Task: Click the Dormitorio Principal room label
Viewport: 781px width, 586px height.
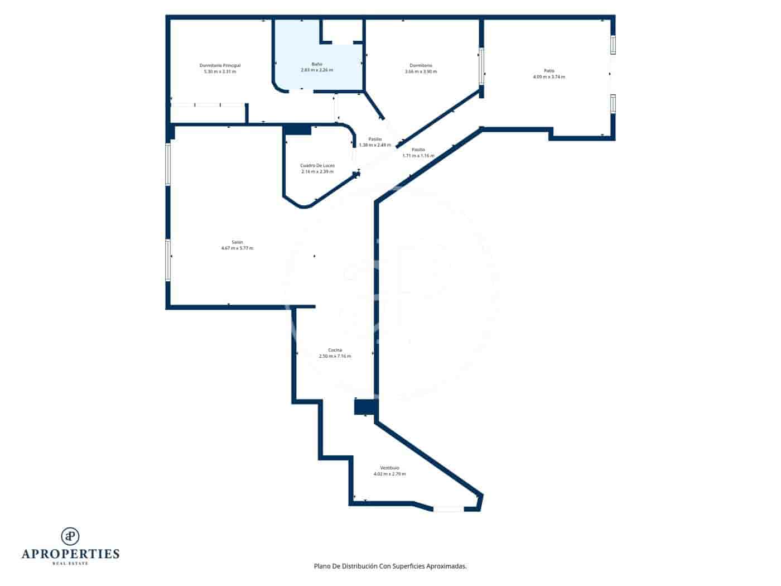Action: click(x=220, y=65)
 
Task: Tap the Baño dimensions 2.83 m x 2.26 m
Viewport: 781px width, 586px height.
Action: click(x=316, y=70)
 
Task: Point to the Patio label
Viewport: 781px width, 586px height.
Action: click(x=549, y=71)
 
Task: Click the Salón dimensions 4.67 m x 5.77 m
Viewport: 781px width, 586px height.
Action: click(x=237, y=248)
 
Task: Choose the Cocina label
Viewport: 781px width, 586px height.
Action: click(x=335, y=350)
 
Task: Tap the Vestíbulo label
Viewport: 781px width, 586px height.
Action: click(x=389, y=468)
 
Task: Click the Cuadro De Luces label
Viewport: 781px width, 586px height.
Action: click(x=317, y=165)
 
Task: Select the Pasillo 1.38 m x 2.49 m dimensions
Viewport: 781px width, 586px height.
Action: click(x=375, y=145)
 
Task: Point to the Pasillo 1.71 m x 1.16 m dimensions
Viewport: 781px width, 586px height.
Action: click(x=418, y=156)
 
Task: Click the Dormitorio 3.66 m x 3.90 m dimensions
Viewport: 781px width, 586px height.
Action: click(x=421, y=71)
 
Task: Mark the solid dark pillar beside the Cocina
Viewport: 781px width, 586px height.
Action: click(x=366, y=407)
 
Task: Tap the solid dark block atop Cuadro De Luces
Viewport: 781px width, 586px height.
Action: click(x=297, y=130)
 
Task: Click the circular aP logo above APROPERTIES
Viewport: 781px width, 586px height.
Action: click(x=70, y=536)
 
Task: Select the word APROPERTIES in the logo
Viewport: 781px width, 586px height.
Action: click(x=70, y=554)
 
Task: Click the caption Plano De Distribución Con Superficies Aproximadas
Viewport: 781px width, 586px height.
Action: click(x=390, y=566)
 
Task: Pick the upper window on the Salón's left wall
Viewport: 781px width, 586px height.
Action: click(x=167, y=164)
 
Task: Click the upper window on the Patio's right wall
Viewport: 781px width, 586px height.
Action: click(x=613, y=45)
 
